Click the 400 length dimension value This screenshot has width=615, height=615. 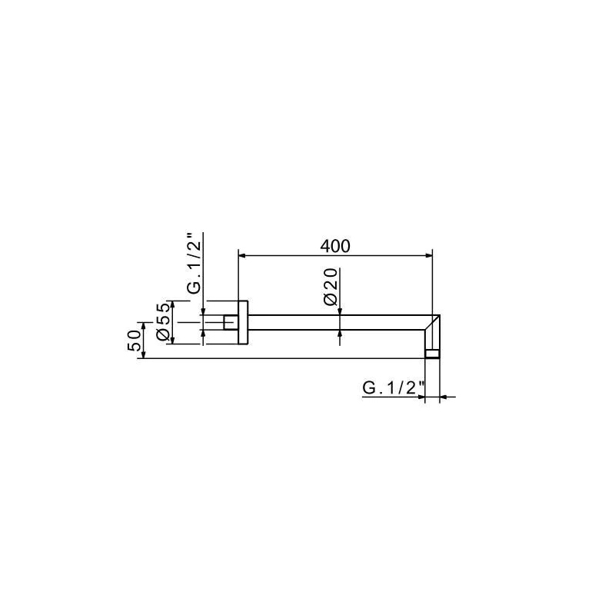coord(335,246)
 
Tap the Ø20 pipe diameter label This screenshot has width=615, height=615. coord(331,287)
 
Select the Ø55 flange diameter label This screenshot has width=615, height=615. coord(163,322)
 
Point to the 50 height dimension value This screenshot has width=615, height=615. coord(134,341)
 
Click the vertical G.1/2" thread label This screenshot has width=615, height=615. coord(194,263)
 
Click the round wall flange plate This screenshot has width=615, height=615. coord(243,322)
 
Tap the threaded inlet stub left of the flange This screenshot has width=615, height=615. coord(231,322)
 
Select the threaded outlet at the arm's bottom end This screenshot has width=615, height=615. coord(432,354)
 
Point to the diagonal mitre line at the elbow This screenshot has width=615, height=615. coord(432,322)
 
